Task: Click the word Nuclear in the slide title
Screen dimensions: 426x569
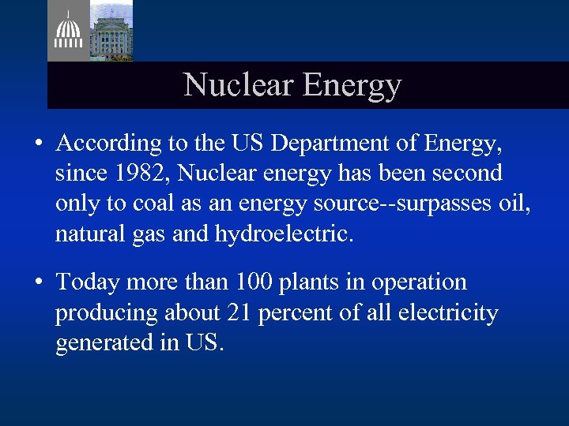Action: click(228, 85)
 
